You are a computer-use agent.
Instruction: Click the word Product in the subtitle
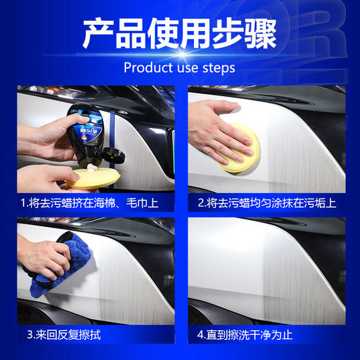145,68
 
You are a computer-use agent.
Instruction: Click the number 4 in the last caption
200,334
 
